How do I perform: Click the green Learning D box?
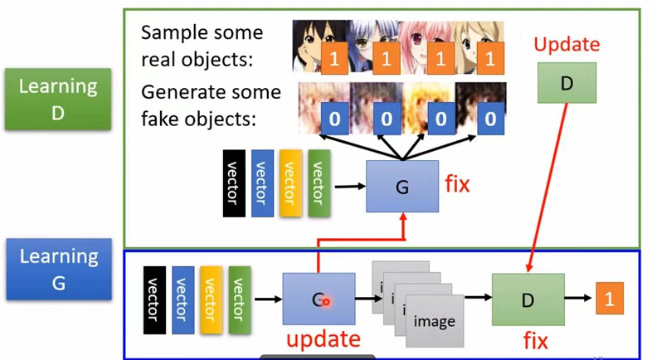click(x=57, y=100)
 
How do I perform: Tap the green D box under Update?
click(x=567, y=83)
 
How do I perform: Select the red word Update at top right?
click(x=567, y=44)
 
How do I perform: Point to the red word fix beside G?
click(x=457, y=183)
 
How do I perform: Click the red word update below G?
click(x=323, y=338)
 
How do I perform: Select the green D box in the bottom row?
click(x=528, y=299)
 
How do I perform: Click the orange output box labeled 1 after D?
click(x=608, y=299)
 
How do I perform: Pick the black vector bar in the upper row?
click(x=234, y=183)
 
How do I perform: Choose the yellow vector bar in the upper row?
click(x=289, y=183)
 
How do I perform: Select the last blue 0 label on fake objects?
click(x=490, y=118)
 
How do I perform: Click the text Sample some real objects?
click(x=202, y=46)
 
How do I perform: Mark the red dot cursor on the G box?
click(x=326, y=302)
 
